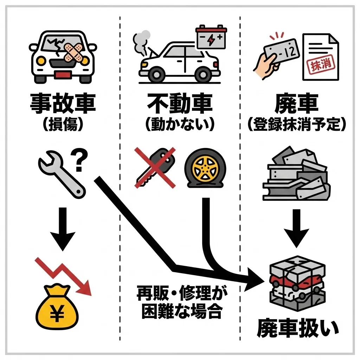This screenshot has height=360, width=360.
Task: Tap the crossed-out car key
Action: point(155,167)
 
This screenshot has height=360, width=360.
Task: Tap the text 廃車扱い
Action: point(297,329)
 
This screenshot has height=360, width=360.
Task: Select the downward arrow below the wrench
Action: point(62,229)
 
